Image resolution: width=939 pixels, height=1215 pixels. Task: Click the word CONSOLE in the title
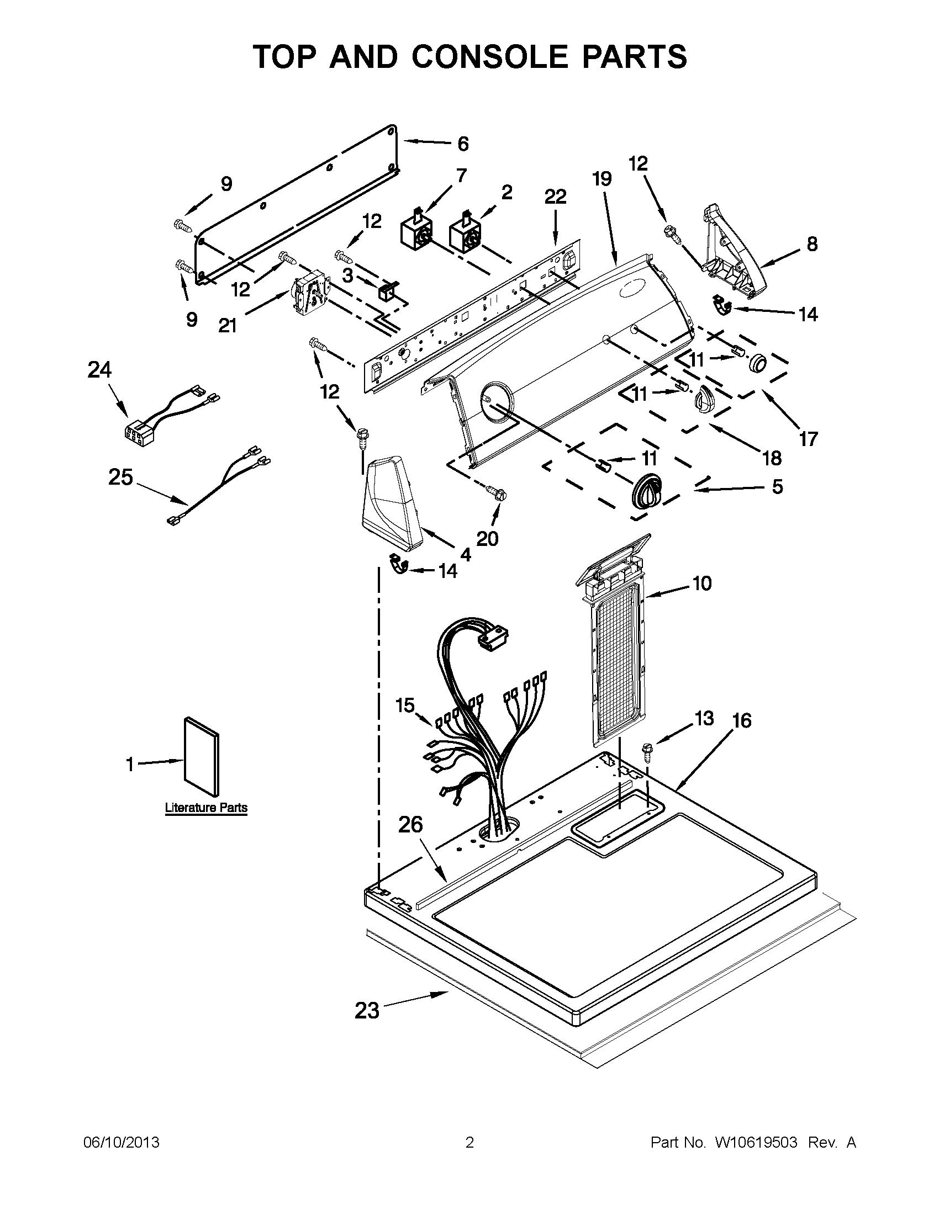click(x=490, y=57)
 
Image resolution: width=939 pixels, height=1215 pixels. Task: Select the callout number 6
click(x=463, y=144)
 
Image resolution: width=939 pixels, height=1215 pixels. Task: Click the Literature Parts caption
click(x=206, y=807)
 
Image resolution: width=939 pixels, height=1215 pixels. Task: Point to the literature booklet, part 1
click(x=202, y=757)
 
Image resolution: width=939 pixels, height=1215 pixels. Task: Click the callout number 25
click(x=121, y=477)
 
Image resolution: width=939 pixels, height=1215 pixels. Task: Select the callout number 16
click(x=742, y=720)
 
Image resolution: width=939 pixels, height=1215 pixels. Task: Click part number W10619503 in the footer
click(x=756, y=1143)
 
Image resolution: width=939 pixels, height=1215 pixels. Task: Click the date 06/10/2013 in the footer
click(x=121, y=1143)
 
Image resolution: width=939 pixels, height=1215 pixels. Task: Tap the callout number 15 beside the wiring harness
click(x=405, y=705)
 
